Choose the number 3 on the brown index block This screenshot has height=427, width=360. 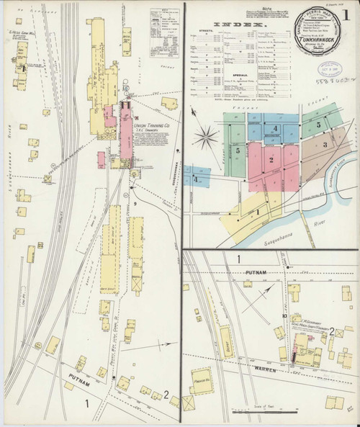(325, 145)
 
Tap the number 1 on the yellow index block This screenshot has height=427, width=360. (256, 212)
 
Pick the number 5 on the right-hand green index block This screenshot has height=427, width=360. (318, 124)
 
